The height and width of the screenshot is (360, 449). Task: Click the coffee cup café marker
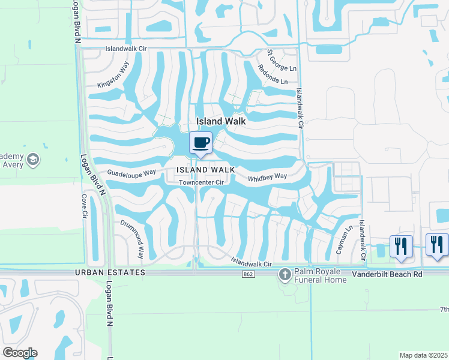[201, 142]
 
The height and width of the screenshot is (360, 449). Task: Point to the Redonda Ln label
[272, 74]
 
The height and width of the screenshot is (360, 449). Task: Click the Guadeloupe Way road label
[131, 172]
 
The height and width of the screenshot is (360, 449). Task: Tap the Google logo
[20, 352]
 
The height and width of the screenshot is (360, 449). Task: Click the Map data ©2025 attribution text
[423, 355]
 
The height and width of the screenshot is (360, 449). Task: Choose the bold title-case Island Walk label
[220, 121]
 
